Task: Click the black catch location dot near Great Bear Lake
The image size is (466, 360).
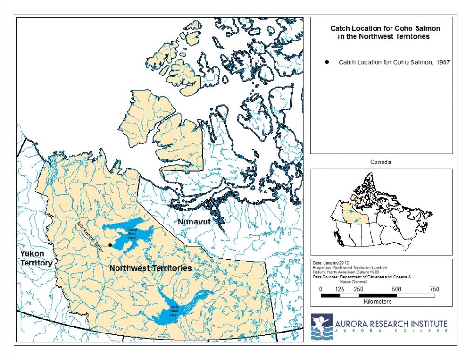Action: (x=110, y=245)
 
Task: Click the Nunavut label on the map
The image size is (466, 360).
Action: (x=194, y=223)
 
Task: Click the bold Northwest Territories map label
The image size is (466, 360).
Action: (x=150, y=269)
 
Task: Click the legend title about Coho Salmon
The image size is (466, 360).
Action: (x=385, y=32)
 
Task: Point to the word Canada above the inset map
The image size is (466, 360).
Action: (x=381, y=163)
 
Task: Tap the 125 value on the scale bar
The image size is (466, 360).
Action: (x=340, y=289)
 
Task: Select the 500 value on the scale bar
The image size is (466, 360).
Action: (x=397, y=289)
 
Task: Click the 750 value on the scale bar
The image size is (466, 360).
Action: (x=434, y=289)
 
